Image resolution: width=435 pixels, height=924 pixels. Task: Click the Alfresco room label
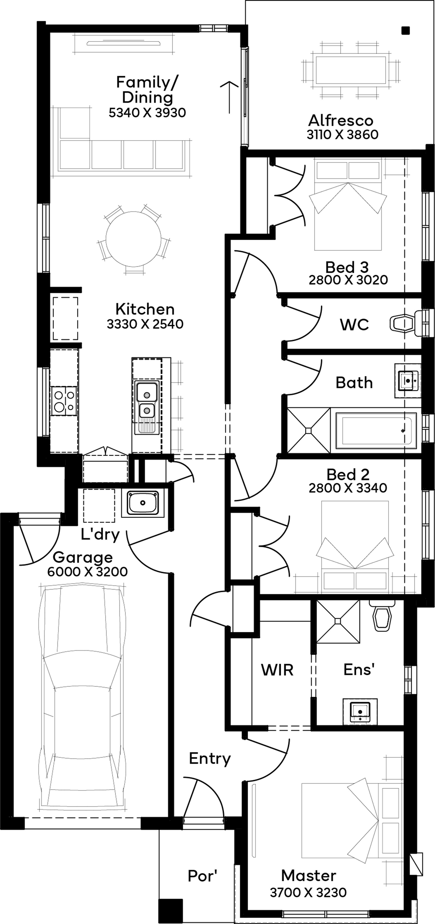(341, 120)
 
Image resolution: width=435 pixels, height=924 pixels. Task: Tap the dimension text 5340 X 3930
(147, 113)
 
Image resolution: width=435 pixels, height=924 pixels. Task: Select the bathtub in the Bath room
(376, 430)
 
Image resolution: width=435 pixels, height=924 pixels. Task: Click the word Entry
(210, 759)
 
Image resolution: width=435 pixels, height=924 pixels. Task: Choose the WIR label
(277, 670)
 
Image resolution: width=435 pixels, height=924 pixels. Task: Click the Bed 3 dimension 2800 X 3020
(348, 280)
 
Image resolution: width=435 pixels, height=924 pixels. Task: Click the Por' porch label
(202, 876)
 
